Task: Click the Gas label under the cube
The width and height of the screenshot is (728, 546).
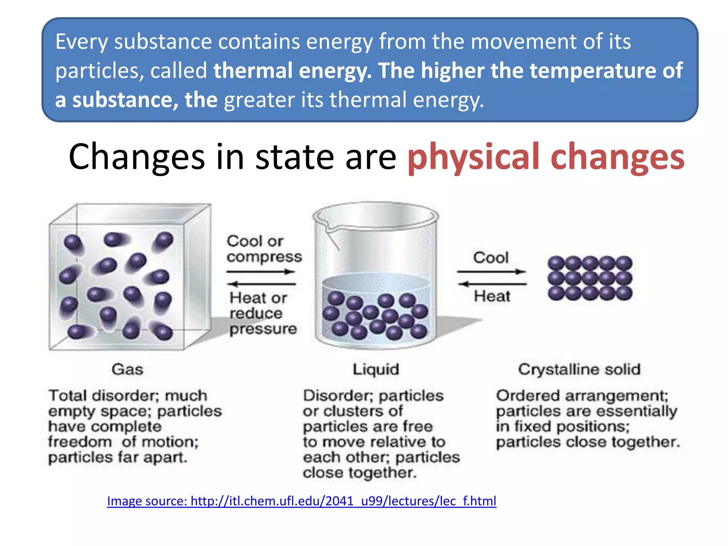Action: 127,369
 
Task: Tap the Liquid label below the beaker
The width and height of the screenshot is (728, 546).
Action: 376,369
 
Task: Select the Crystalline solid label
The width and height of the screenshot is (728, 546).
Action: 579,369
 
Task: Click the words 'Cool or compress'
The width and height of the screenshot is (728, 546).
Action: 264,249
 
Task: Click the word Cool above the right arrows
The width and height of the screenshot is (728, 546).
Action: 491,257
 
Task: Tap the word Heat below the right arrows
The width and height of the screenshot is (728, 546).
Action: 492,296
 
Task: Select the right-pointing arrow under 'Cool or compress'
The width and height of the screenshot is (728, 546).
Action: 261,272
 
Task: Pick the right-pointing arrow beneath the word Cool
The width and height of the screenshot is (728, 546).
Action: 491,272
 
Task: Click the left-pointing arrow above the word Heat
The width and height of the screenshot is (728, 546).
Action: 492,284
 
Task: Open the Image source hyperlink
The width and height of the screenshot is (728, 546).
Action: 301,501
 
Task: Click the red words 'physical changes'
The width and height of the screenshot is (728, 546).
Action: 546,157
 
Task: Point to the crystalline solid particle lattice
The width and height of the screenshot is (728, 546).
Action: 590,278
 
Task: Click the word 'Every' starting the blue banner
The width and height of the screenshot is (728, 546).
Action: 81,42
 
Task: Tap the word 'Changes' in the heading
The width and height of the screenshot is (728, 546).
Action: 136,157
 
